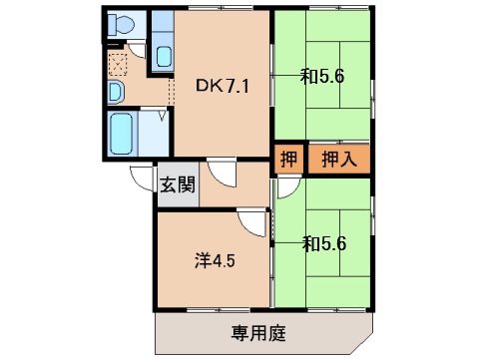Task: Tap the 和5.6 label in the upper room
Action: pos(321,73)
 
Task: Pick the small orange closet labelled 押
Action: pos(287,158)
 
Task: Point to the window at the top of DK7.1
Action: pos(222,12)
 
